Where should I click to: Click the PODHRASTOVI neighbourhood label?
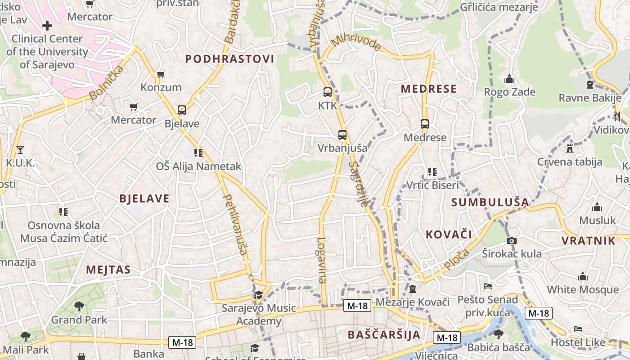tap(229, 59)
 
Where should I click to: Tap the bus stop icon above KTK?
tap(328, 92)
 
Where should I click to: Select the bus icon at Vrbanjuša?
tap(342, 135)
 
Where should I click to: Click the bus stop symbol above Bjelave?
tap(182, 110)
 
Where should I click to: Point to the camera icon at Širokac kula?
tap(511, 241)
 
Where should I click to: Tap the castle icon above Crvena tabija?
tap(570, 148)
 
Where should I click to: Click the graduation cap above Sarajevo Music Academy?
tap(258, 295)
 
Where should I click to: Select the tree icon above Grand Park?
tap(79, 306)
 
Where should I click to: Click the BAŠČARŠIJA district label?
tap(384, 335)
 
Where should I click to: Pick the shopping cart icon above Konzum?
tap(161, 74)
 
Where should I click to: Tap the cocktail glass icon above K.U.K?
tap(20, 149)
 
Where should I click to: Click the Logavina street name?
tap(321, 260)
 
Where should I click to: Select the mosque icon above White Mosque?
tap(583, 276)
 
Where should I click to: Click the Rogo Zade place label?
tap(509, 92)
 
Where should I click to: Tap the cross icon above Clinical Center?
tap(47, 26)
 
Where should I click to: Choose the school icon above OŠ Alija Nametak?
tap(198, 153)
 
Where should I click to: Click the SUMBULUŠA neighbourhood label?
tap(490, 202)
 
